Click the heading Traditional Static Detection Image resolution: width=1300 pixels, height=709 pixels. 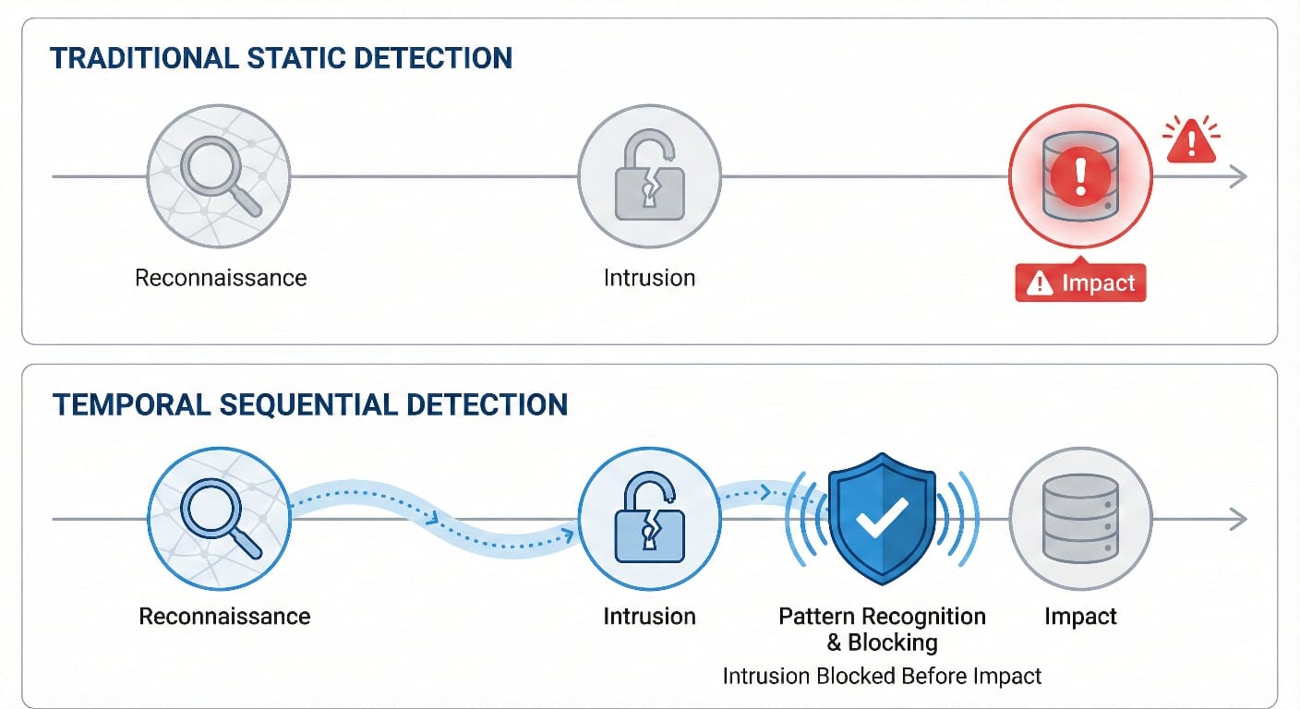click(281, 58)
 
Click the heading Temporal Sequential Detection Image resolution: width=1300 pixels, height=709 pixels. click(309, 405)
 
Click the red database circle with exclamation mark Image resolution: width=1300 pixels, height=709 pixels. click(1079, 175)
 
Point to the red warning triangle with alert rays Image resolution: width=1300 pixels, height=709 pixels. click(1191, 142)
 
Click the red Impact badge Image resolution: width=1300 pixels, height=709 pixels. click(1080, 283)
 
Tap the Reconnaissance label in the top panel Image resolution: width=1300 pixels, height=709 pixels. click(221, 277)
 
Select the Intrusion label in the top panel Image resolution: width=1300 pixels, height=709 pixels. click(649, 277)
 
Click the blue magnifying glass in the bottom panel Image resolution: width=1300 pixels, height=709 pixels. click(219, 520)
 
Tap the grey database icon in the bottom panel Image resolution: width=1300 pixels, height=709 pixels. click(1079, 520)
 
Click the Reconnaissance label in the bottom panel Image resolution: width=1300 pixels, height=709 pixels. click(224, 616)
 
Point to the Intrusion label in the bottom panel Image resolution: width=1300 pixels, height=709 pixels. click(649, 616)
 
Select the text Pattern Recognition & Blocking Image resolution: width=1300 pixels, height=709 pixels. click(882, 629)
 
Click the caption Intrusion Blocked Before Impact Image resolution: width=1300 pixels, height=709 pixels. click(882, 676)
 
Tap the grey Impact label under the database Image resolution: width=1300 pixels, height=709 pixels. click(1080, 616)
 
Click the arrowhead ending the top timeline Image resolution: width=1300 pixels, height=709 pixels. click(1239, 176)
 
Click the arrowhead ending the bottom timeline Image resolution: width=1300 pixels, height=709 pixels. click(1239, 520)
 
